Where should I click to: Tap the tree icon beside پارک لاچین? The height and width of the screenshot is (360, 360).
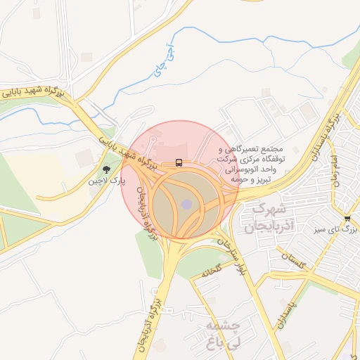[x=106, y=169]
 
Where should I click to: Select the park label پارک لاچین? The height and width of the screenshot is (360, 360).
[x=106, y=181]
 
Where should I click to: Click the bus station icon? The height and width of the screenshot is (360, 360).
[x=179, y=163]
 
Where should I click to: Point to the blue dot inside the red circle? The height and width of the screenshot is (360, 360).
[x=186, y=204]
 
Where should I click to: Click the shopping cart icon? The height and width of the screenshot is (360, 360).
[x=347, y=218]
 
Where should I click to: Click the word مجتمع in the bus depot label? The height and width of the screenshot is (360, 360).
[x=271, y=150]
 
